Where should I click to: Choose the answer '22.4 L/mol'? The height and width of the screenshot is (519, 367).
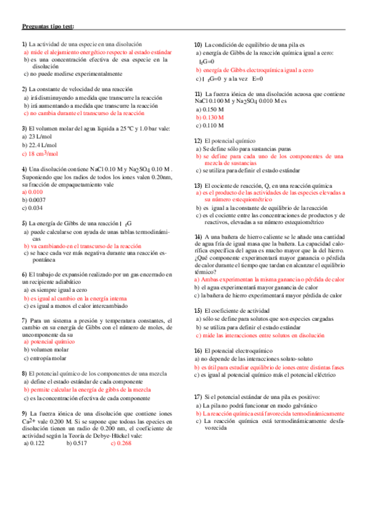coord(39,145)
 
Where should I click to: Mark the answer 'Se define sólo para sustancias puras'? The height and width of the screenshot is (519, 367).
coord(245,149)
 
